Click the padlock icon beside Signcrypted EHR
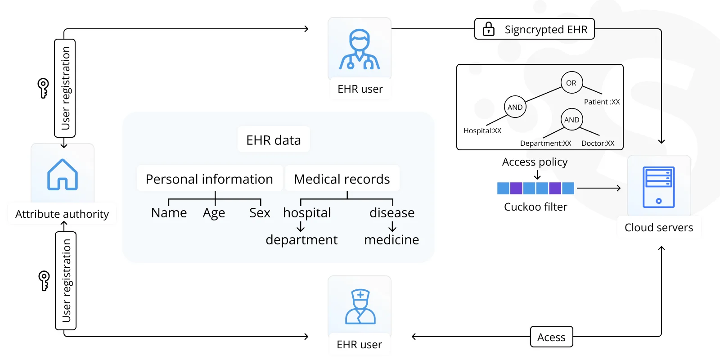(489, 29)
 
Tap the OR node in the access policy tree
(571, 83)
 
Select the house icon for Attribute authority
(63, 175)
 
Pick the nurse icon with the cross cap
(360, 306)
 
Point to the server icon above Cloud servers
(659, 187)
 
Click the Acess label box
(552, 337)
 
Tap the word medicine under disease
(391, 240)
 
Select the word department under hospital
(301, 240)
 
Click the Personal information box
(210, 179)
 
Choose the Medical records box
(342, 179)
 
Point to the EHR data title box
(274, 140)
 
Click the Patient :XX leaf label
(602, 102)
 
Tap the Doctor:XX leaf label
(598, 144)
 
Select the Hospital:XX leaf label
(482, 131)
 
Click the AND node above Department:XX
(571, 120)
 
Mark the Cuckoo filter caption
(535, 207)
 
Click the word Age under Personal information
(214, 213)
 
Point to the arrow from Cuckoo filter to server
(599, 188)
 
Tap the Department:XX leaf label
(546, 144)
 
